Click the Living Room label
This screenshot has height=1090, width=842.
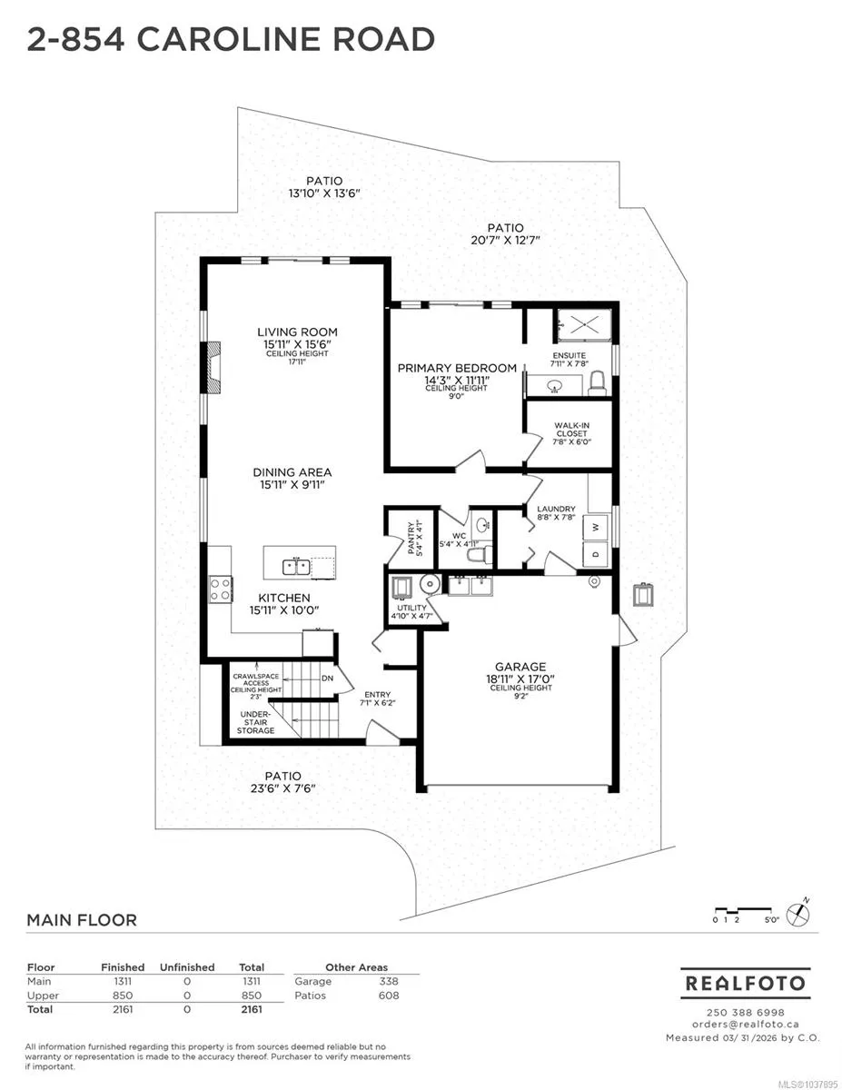(x=297, y=332)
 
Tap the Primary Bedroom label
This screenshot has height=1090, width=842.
(x=457, y=368)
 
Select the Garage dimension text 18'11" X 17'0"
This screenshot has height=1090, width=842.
(x=520, y=679)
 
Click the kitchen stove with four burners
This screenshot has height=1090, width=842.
(x=221, y=589)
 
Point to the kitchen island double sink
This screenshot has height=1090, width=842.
(x=296, y=567)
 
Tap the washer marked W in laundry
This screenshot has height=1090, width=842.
(x=596, y=527)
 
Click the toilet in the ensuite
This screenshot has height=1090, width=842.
(x=598, y=384)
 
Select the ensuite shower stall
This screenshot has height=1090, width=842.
(x=584, y=325)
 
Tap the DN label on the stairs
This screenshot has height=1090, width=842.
(x=328, y=679)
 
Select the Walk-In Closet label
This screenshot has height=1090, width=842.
(x=571, y=430)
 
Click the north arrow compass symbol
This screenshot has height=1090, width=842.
(x=798, y=914)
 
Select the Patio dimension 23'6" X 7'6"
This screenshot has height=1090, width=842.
(x=283, y=788)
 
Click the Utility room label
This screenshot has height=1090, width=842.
(x=411, y=608)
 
